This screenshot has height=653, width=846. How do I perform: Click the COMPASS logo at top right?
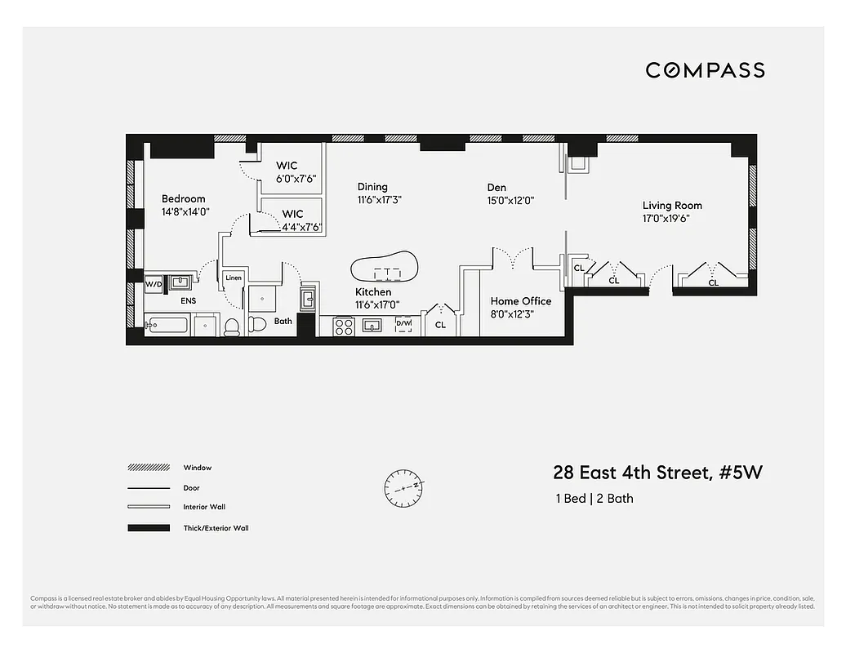[x=705, y=70]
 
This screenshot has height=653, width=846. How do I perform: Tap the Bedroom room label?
[x=183, y=199]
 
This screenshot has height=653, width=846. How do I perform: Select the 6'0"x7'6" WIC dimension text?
[x=296, y=179]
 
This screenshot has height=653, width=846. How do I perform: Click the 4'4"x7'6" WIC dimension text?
[x=301, y=228]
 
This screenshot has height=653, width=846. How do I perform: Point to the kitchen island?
[x=384, y=268]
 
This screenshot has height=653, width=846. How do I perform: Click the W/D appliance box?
[x=154, y=285]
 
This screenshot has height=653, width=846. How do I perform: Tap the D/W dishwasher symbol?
[x=403, y=325]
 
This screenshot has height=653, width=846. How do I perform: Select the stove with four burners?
[x=344, y=326]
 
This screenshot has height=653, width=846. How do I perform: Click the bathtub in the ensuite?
[x=167, y=326]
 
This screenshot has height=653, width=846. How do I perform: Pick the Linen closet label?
[x=233, y=278]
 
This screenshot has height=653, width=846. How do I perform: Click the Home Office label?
[x=520, y=301]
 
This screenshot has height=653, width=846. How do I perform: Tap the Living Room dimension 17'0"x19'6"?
[x=672, y=219]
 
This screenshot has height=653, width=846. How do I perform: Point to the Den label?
[x=496, y=187]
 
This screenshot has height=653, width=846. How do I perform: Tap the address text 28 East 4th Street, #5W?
[x=657, y=473]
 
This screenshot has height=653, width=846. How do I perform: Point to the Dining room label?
[x=372, y=187]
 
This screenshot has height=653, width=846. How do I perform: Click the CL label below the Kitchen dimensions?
[x=440, y=325]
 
